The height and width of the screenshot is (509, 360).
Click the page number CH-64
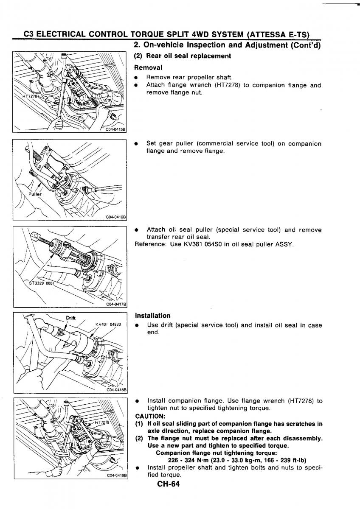tap(168, 484)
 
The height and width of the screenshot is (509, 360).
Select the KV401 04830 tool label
tap(108, 324)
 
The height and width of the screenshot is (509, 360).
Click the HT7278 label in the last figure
tap(102, 422)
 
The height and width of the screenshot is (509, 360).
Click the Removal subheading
tap(148, 67)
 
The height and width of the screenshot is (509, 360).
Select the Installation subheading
tap(152, 316)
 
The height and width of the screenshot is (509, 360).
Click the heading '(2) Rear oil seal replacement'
tap(183, 56)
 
